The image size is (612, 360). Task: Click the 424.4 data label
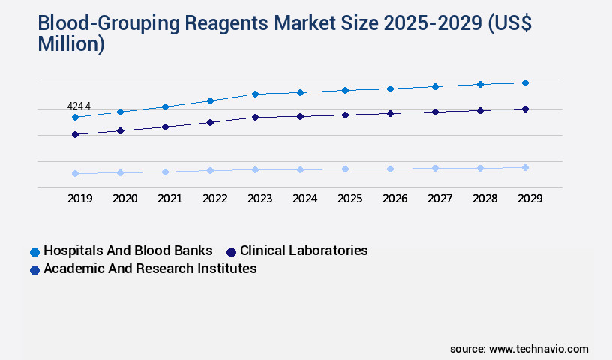(x=79, y=106)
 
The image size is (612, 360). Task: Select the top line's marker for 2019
(x=75, y=118)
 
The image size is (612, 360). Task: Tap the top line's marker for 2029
(x=525, y=82)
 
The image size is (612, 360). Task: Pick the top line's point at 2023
(x=255, y=94)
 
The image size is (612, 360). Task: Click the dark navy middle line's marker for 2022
(x=210, y=122)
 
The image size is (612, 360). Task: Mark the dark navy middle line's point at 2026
(x=390, y=113)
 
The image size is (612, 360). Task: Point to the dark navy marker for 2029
(x=525, y=109)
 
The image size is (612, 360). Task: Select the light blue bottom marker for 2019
(x=75, y=173)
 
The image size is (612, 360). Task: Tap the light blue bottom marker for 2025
(x=345, y=169)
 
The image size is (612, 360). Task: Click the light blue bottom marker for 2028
(x=480, y=168)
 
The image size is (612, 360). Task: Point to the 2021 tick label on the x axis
(x=169, y=199)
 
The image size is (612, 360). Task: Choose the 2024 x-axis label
(x=304, y=199)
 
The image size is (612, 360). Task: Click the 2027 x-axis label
(x=439, y=199)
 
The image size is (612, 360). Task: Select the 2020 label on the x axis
(x=124, y=199)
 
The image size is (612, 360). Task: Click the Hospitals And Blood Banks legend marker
(x=34, y=251)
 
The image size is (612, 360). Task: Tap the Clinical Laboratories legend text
(x=304, y=250)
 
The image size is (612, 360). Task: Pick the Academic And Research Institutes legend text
(x=150, y=268)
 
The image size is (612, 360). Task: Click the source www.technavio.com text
(x=519, y=349)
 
